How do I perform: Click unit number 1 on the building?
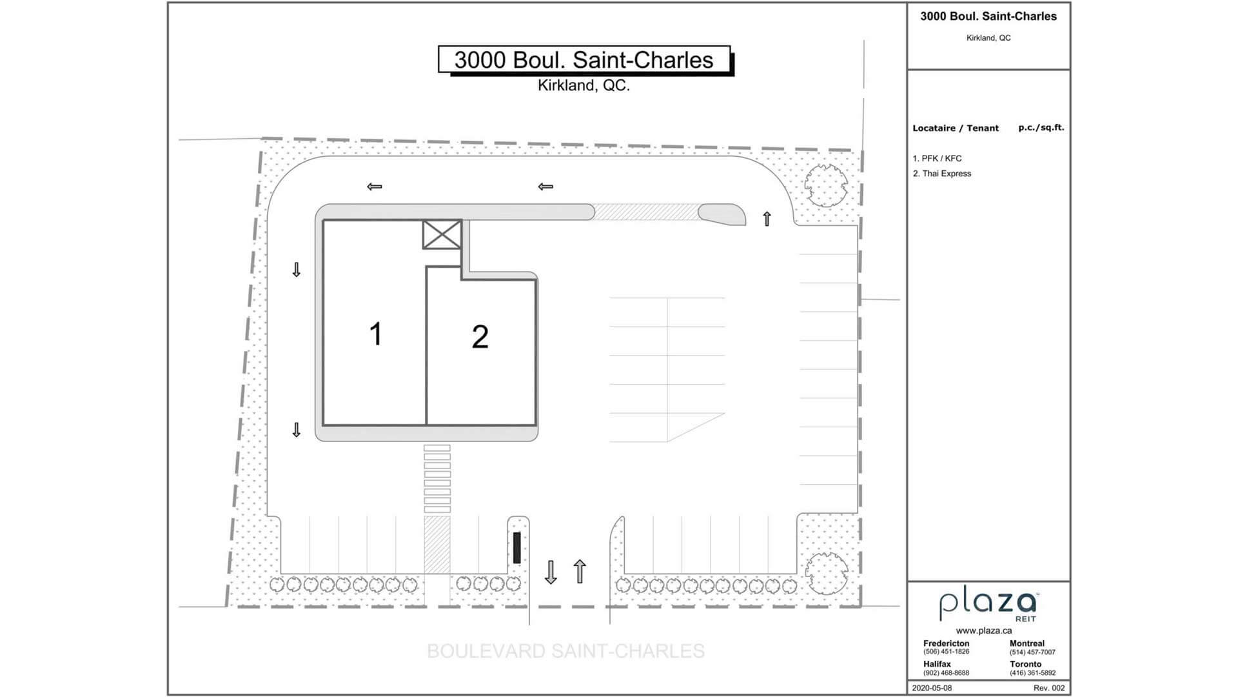pos(376,334)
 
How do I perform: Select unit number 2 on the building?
pos(480,337)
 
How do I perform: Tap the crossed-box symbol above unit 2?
pos(442,234)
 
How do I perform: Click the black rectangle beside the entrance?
pos(516,547)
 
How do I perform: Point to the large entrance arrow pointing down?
pos(551,572)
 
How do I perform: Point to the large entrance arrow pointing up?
pos(580,571)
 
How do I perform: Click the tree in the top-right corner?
pos(826,185)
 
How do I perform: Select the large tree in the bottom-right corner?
pos(827,574)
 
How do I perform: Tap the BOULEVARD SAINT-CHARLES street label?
pos(565,651)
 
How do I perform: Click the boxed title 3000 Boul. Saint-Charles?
pos(584,59)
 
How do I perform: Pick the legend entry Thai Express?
pos(941,174)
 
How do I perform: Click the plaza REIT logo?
pos(988,605)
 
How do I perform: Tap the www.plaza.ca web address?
pos(984,631)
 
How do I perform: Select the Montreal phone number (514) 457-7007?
pos(1032,652)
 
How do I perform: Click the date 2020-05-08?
pos(932,688)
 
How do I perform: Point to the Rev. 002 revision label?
pos(1049,688)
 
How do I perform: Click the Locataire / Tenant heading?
pos(956,128)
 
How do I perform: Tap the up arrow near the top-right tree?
pos(767,219)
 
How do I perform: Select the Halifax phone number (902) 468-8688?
pos(946,673)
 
